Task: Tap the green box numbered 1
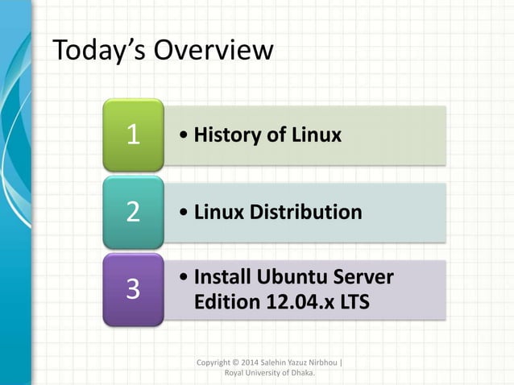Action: pos(133,135)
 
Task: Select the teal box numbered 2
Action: pos(133,213)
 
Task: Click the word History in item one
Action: pos(227,135)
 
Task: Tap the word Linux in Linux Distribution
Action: pos(222,213)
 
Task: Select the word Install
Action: pos(223,277)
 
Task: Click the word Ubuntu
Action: pos(294,277)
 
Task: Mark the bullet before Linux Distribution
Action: pos(186,213)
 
